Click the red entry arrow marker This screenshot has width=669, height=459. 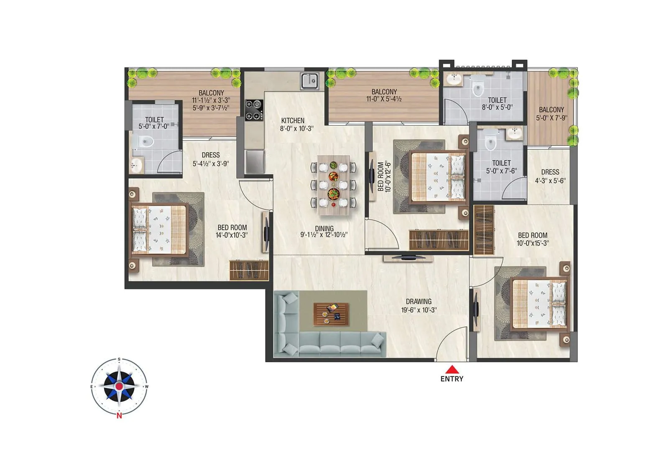point(452,369)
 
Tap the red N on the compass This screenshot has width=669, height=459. point(119,415)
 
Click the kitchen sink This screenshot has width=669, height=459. point(310,81)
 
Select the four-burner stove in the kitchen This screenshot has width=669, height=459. point(254,110)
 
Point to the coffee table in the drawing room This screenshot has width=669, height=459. point(331,314)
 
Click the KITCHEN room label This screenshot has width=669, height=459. point(293,121)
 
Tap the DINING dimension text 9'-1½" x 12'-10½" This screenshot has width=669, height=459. point(324,235)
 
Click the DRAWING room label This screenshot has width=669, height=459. point(419,301)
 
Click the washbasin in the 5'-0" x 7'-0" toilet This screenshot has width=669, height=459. point(136,165)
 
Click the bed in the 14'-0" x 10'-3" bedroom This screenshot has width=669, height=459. point(159,230)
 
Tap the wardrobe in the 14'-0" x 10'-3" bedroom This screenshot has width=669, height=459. point(248,270)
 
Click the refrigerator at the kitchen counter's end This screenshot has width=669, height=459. point(255,162)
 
